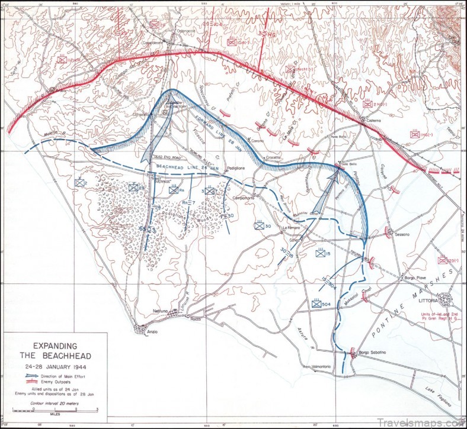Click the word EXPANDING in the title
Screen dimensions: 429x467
(54, 346)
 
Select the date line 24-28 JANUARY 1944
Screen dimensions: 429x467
(54, 365)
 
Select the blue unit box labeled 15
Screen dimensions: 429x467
(321, 254)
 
